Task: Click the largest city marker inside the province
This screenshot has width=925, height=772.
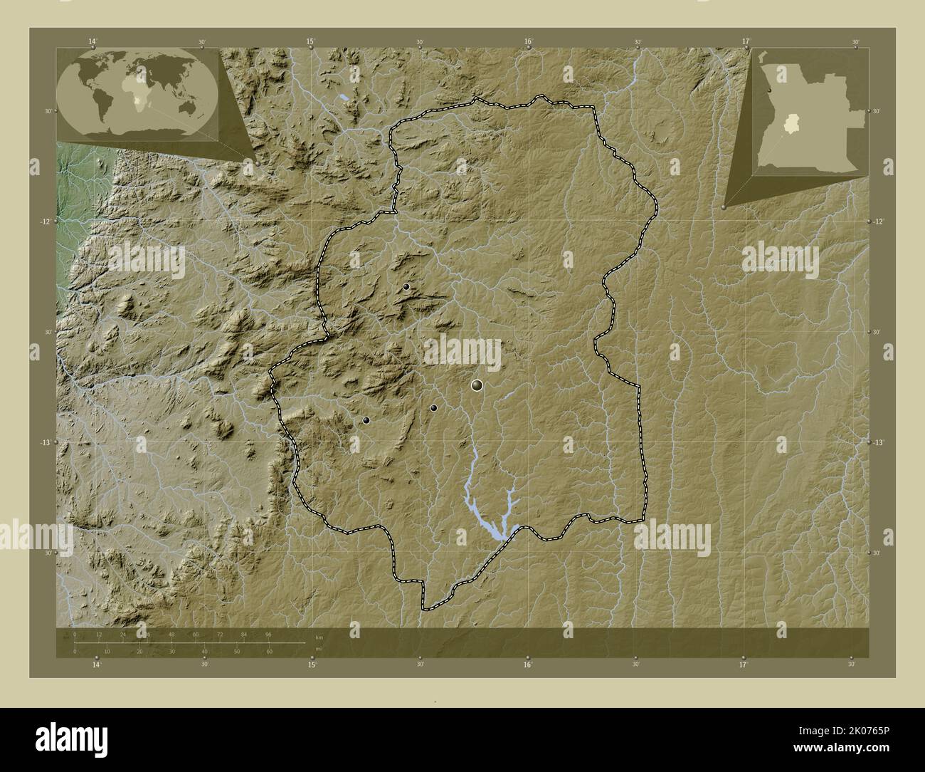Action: tap(477, 385)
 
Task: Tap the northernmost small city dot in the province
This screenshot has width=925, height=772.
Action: tap(406, 286)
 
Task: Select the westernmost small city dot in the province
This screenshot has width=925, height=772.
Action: tap(366, 420)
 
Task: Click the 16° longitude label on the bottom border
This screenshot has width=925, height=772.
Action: tap(527, 665)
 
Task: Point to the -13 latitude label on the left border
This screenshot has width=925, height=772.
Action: tap(44, 442)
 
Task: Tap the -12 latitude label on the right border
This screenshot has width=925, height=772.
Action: tap(879, 221)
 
